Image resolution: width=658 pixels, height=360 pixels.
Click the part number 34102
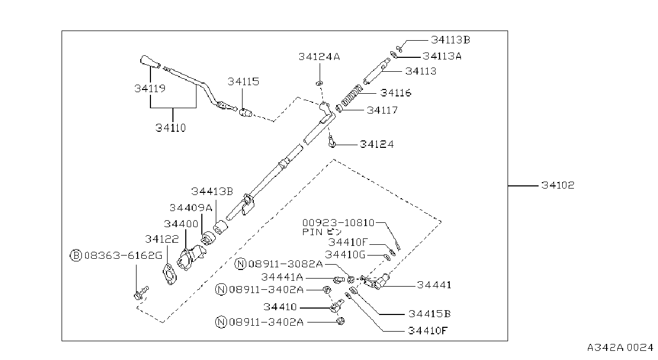click(x=558, y=185)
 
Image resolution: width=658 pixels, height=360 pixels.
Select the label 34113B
click(x=451, y=40)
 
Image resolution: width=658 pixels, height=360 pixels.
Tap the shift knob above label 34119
click(x=150, y=62)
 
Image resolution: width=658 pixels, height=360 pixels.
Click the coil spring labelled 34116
click(x=352, y=95)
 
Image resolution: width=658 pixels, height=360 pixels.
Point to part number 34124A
click(x=319, y=57)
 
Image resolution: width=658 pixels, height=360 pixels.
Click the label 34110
click(x=171, y=128)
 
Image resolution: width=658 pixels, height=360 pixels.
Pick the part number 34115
click(x=243, y=81)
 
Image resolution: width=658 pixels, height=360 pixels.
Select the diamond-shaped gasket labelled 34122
click(x=170, y=274)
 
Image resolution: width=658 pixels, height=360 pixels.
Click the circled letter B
click(x=76, y=256)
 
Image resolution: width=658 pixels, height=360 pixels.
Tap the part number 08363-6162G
click(x=123, y=256)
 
